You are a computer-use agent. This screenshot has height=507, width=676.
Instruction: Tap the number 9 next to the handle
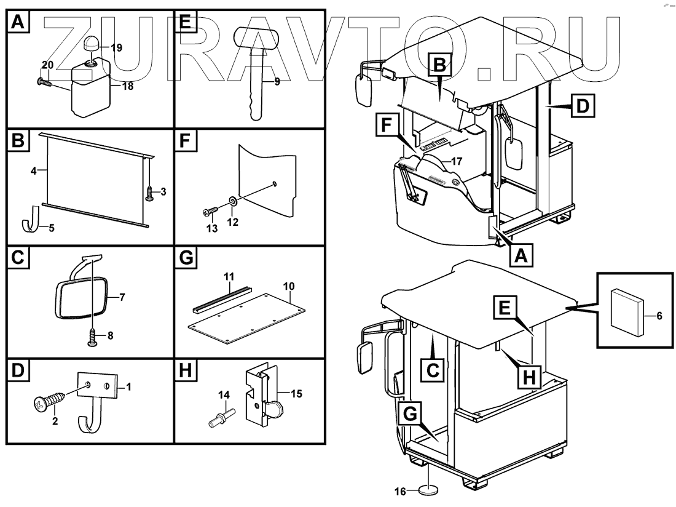point(277,81)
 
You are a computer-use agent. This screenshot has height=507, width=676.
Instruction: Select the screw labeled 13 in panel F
point(208,212)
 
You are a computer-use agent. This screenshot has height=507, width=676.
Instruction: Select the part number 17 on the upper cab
point(455,161)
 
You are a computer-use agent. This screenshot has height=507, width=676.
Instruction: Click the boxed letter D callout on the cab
point(583,107)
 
